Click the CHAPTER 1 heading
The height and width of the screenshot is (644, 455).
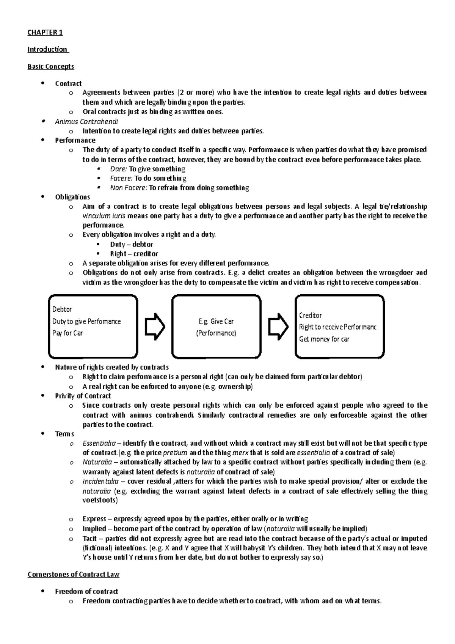(45, 32)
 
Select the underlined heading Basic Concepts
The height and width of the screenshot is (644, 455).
(50, 66)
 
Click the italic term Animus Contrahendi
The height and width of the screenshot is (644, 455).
(86, 121)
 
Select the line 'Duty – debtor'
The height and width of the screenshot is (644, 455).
(132, 244)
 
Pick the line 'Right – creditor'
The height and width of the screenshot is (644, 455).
(134, 254)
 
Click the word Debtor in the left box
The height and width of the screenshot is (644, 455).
(62, 309)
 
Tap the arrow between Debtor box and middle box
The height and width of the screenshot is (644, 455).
(155, 326)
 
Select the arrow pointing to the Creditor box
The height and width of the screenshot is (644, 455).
(278, 326)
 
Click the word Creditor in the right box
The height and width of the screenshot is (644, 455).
(310, 315)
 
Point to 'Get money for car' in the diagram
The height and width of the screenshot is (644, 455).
(324, 339)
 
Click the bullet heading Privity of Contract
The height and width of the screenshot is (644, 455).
(83, 396)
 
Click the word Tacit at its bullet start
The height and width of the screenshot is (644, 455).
(89, 538)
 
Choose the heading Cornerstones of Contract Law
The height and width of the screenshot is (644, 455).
(74, 574)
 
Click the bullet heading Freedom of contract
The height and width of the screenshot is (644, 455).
(86, 591)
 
